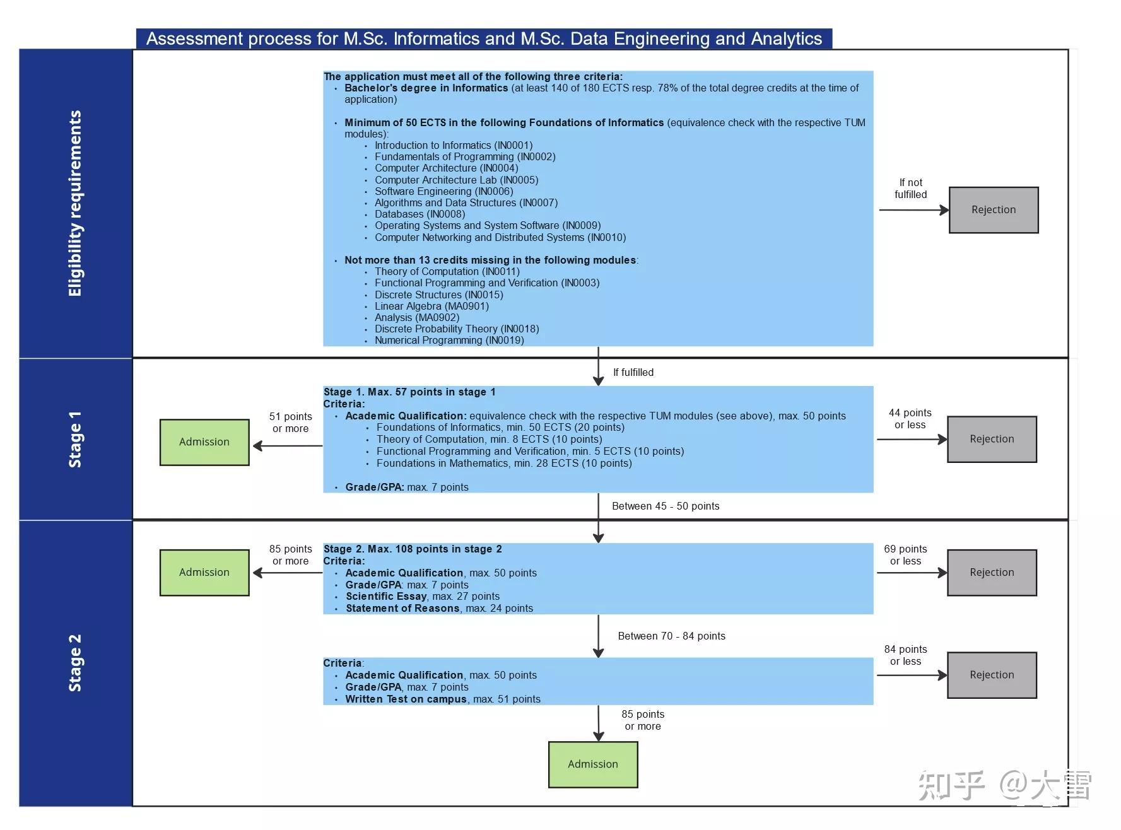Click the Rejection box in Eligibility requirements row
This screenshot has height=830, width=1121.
point(993,210)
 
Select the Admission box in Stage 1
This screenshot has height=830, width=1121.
point(204,442)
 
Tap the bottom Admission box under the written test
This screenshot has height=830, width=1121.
point(592,764)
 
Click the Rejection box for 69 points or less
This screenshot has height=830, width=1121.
point(991,573)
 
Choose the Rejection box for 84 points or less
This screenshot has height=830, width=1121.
point(991,675)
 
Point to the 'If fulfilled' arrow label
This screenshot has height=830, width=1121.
point(633,373)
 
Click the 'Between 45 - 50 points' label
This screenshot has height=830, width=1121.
point(665,506)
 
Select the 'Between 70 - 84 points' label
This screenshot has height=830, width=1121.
point(671,636)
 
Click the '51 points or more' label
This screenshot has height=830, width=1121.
point(290,423)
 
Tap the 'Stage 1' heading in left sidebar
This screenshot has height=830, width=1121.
point(75,439)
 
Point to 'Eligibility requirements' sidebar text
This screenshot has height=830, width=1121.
point(75,203)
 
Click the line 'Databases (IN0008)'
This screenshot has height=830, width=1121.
point(420,214)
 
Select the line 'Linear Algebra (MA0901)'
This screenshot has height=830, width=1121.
point(431,307)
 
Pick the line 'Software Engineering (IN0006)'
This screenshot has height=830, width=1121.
point(443,192)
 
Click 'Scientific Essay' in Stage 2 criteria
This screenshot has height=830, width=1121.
point(386,597)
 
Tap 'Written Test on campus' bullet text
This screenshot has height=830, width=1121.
point(406,699)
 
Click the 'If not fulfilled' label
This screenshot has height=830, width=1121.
point(910,189)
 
